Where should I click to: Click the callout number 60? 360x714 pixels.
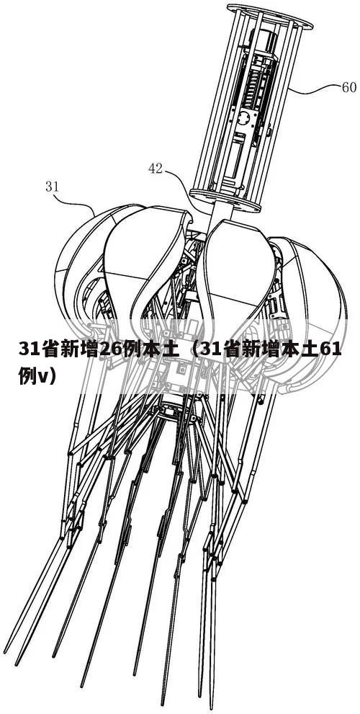coord(349,87)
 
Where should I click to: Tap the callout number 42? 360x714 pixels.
coord(156,169)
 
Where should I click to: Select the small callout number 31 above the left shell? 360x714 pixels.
coord(53,186)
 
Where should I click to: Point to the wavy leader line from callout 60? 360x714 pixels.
coord(314,89)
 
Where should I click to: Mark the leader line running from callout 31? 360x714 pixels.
coord(75,202)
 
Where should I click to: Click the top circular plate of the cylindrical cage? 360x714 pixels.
coord(269,15)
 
